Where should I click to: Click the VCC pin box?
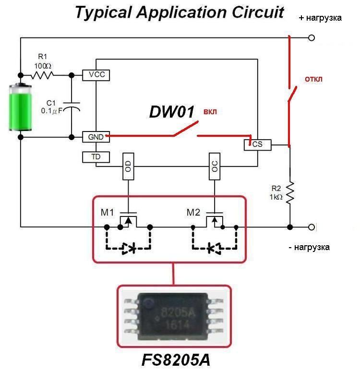click(x=96, y=75)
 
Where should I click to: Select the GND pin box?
click(x=96, y=137)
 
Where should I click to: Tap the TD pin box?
click(x=96, y=157)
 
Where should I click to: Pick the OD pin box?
click(x=128, y=167)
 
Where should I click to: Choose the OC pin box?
click(x=215, y=167)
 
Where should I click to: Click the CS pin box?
click(x=257, y=145)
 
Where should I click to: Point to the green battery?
click(x=20, y=107)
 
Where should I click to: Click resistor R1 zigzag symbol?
click(x=42, y=75)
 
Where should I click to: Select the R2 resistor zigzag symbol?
click(x=290, y=192)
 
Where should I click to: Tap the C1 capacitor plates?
click(x=72, y=107)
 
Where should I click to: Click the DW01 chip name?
click(x=171, y=112)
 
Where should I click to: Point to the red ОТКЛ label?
click(x=313, y=79)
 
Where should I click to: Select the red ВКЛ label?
click(x=210, y=112)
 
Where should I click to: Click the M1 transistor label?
click(x=107, y=213)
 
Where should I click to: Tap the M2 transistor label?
click(x=193, y=213)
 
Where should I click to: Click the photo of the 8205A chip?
click(x=174, y=317)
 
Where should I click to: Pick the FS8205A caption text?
click(x=176, y=360)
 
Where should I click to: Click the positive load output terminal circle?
click(x=312, y=38)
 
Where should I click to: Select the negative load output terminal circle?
click(x=312, y=227)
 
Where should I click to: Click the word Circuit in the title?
click(x=257, y=12)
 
